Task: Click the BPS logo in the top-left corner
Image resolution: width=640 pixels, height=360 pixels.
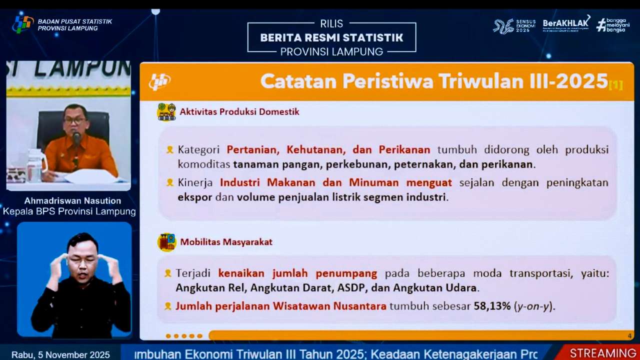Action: click(23, 24)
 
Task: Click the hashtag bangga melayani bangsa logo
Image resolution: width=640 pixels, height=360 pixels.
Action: click(613, 25)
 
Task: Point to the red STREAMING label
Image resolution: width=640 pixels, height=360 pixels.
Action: click(603, 353)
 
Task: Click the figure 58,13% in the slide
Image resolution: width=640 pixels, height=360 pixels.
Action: click(492, 305)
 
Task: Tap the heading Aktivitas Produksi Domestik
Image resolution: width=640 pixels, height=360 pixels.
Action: click(239, 111)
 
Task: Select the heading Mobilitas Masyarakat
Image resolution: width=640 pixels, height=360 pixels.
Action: click(226, 242)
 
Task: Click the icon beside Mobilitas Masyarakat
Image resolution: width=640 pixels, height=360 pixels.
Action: click(166, 242)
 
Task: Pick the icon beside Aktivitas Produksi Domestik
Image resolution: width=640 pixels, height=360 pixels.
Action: click(166, 111)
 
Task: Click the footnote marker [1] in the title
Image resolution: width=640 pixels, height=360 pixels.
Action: click(615, 85)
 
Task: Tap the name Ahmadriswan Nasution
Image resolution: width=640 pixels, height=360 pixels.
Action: click(72, 201)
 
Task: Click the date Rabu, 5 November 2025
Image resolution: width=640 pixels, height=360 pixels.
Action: click(60, 354)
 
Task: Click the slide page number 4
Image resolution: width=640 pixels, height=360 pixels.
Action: click(629, 335)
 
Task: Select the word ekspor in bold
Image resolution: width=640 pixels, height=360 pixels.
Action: click(195, 197)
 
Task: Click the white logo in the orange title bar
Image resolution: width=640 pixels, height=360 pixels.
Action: click(159, 81)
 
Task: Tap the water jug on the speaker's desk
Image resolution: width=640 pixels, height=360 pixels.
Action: click(36, 166)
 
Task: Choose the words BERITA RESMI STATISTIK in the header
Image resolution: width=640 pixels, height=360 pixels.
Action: click(331, 37)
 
